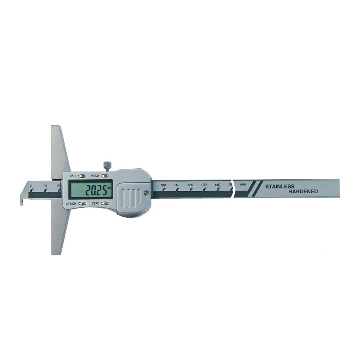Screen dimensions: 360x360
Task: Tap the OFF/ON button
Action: (x=82, y=203)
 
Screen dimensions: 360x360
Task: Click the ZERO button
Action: (x=105, y=203)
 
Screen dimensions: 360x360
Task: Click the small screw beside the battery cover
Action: (x=146, y=194)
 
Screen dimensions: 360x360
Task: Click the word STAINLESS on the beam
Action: (x=280, y=186)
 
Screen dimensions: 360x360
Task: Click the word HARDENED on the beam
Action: (x=303, y=192)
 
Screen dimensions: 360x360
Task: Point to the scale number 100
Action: (x=163, y=185)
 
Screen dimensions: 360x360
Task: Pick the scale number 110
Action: (x=176, y=185)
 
